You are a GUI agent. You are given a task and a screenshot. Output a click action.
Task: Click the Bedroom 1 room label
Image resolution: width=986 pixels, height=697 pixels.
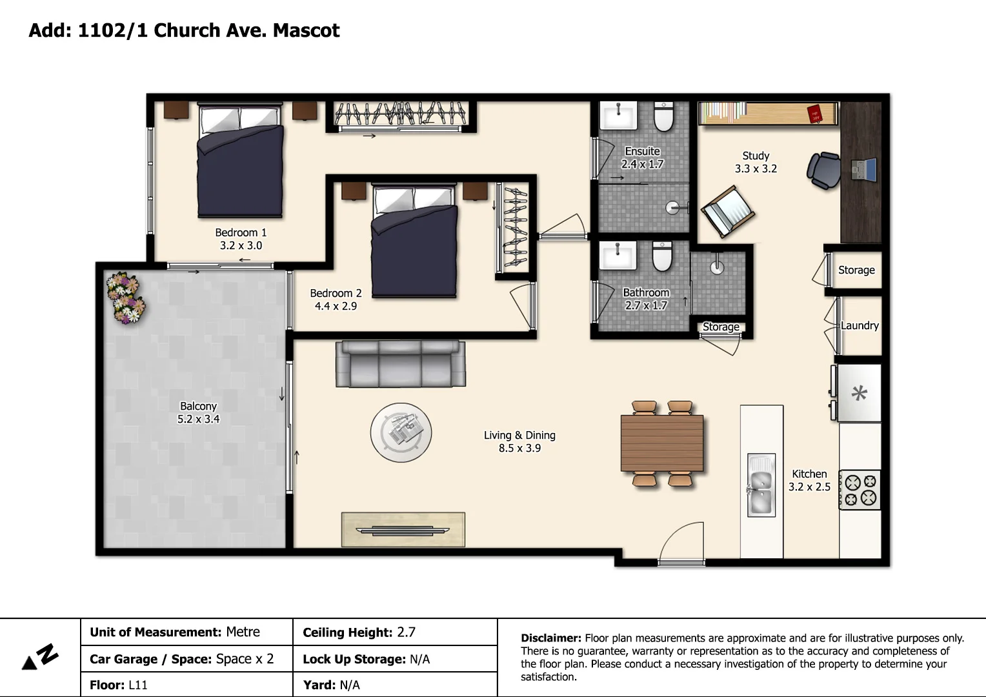click(241, 239)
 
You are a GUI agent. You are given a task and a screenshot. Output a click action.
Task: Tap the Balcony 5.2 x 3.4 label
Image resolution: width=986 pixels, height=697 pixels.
click(198, 412)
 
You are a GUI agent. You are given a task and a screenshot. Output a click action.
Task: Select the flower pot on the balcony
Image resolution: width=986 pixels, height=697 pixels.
click(124, 298)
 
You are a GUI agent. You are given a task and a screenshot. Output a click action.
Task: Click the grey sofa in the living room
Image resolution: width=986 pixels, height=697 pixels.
click(400, 364)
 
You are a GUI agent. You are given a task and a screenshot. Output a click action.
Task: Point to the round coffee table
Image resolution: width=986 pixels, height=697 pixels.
click(401, 432)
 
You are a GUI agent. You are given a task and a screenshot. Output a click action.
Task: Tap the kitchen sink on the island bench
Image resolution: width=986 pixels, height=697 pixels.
click(761, 485)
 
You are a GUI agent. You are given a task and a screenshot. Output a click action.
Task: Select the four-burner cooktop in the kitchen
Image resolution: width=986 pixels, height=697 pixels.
click(860, 490)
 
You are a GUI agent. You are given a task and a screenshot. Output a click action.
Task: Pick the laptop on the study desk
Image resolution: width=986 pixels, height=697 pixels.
click(863, 169)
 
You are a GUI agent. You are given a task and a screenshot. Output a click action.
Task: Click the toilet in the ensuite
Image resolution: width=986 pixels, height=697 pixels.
click(663, 116)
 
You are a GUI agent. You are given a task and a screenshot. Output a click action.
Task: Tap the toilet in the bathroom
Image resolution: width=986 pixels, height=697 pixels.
click(662, 256)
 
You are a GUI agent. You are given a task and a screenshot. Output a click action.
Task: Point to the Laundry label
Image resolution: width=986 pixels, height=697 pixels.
click(859, 325)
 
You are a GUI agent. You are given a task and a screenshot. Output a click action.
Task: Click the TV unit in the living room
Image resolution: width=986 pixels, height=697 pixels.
click(403, 529)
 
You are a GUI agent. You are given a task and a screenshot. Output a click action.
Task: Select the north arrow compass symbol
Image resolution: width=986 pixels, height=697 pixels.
click(40, 658)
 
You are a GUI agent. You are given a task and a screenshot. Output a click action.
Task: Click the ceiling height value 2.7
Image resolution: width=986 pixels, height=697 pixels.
click(406, 632)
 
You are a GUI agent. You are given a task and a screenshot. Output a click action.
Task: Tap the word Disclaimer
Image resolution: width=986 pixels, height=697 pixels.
click(550, 638)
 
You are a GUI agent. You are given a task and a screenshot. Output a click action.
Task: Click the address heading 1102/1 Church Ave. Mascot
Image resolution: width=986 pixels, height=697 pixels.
click(208, 30)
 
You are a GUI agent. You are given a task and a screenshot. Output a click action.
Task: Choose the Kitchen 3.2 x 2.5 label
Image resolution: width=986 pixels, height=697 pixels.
click(809, 480)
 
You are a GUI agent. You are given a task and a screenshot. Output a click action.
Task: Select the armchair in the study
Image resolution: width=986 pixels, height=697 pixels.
click(728, 211)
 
